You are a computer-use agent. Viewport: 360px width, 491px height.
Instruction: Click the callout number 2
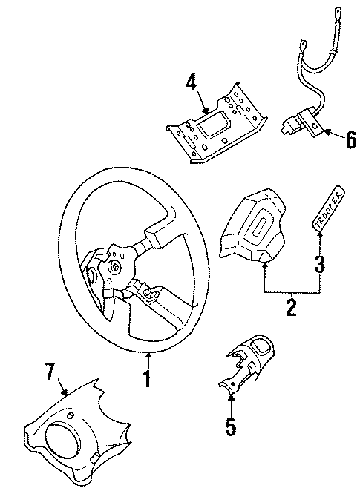click(291, 306)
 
